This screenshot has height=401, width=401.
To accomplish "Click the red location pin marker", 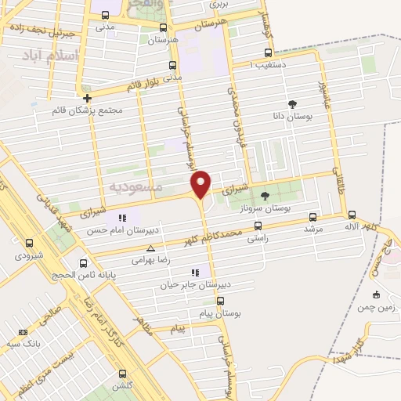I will click(x=201, y=183).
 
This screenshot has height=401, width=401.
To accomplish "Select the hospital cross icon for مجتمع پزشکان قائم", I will click(x=87, y=99).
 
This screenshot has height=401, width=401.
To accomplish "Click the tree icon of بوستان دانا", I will click(x=292, y=103).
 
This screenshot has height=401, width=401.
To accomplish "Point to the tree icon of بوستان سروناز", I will click(x=265, y=196).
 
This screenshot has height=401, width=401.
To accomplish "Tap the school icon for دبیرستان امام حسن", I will click(x=121, y=218).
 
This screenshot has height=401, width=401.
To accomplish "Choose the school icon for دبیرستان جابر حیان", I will click(x=194, y=273).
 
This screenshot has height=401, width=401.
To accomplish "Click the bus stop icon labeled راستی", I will click(x=258, y=226).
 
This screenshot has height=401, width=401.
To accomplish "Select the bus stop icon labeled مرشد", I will click(x=313, y=217).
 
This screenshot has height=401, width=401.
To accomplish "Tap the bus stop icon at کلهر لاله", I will click(x=352, y=214).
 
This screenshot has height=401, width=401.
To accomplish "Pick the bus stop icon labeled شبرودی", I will click(x=29, y=244).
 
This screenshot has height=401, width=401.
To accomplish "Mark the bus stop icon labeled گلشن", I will click(x=121, y=374).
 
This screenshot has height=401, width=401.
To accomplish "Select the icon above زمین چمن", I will click(x=376, y=294).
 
